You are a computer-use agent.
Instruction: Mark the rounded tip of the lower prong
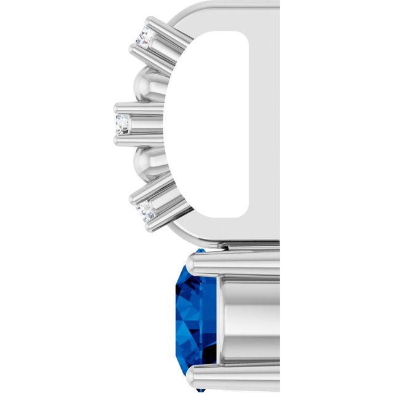click(195, 375)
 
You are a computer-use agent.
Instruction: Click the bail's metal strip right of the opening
click(264, 123)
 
